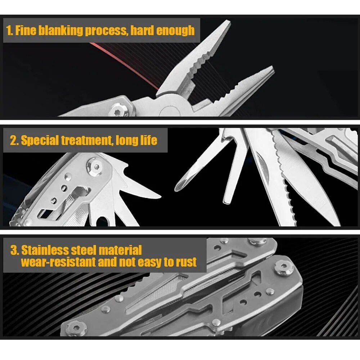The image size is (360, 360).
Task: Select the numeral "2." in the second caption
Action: tap(14, 140)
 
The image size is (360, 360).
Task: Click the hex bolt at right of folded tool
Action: tap(284, 268)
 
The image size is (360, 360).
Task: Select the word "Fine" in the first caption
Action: tap(26, 31)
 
